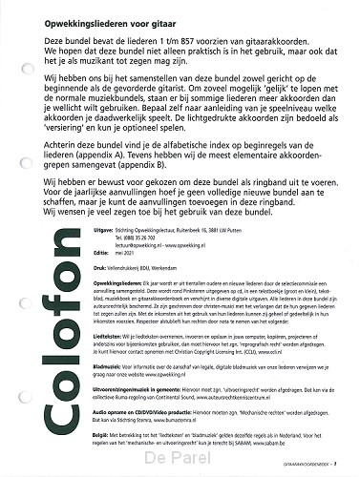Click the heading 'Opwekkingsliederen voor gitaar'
93,13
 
